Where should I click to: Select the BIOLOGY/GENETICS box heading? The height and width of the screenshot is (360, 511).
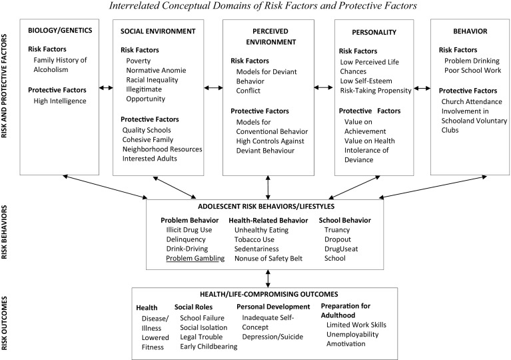point(61,31)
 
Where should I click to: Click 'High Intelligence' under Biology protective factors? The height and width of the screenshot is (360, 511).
point(61,101)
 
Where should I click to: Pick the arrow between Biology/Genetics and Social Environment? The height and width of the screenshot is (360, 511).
point(104,86)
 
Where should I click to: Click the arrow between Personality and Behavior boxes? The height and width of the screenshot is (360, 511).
point(422,86)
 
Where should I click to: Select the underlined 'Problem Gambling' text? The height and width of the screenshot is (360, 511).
point(195,258)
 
